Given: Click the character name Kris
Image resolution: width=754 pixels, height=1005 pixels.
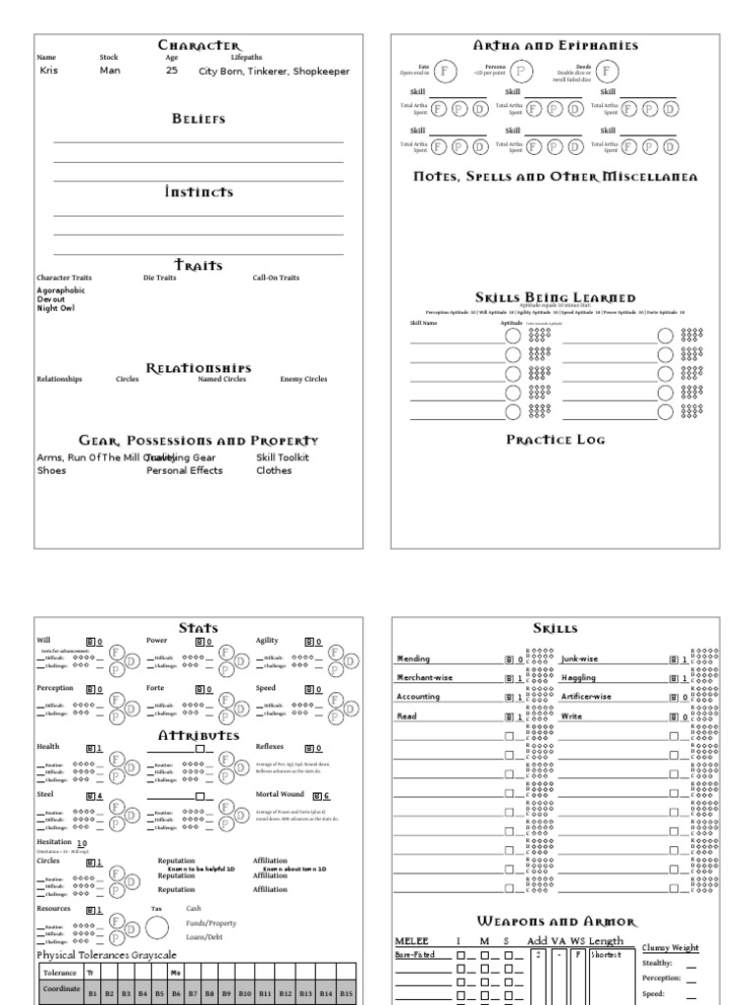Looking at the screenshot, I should tap(49, 72).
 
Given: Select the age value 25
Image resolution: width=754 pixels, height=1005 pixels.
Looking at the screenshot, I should tap(172, 72).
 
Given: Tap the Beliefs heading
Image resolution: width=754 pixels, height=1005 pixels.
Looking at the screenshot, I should tap(199, 119).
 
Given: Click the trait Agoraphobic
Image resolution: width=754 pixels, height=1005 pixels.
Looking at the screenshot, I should tap(61, 291).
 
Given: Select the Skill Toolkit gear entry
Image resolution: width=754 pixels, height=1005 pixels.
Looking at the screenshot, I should tap(283, 457).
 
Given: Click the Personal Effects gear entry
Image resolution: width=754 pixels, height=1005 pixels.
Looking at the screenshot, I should tap(185, 470).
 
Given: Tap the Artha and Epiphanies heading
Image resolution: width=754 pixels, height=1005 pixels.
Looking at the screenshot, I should tap(556, 46).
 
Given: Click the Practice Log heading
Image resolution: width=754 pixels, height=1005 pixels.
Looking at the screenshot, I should tap(556, 440).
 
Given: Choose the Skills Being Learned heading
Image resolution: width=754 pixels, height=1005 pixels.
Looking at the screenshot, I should tap(556, 297).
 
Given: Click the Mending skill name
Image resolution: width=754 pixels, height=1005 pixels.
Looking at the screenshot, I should tap(413, 660).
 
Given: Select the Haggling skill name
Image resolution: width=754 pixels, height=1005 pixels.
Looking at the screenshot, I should tap(579, 678).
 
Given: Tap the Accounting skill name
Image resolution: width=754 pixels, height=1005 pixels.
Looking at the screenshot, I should tap(418, 697).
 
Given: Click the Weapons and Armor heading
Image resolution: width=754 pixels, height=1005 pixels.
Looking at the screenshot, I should tap(556, 922).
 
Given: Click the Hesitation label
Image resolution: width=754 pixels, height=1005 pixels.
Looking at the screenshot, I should tap(54, 842).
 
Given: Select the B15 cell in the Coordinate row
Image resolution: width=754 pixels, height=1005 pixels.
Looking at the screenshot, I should tap(345, 993).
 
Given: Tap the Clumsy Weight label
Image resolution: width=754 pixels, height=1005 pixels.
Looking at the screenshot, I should tap(671, 948).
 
